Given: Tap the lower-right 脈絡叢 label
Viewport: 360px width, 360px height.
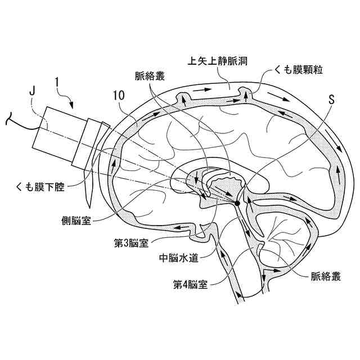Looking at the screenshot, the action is (326, 277).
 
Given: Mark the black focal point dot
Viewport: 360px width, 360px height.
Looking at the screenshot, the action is (237, 201).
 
